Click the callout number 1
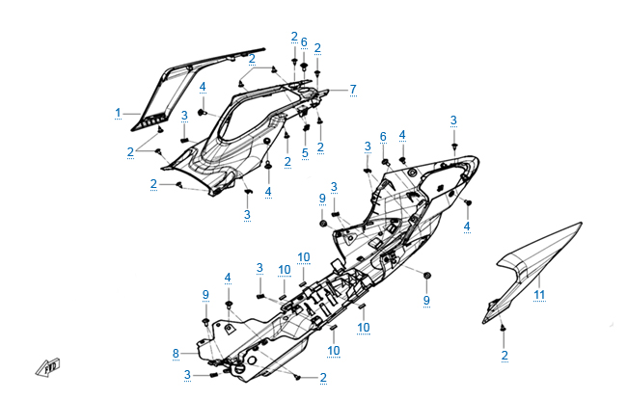[x=119, y=113]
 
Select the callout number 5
[x=304, y=152]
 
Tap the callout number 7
[x=353, y=89]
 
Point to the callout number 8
[x=176, y=353]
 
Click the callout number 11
[x=540, y=294]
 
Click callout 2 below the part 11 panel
[x=504, y=356]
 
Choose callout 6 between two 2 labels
[x=304, y=42]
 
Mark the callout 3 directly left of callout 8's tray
[x=186, y=375]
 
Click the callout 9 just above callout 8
[x=205, y=293]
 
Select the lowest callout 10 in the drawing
[x=334, y=349]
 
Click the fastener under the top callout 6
[x=304, y=67]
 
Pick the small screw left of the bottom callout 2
[x=300, y=376]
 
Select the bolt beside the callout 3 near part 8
[x=212, y=374]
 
